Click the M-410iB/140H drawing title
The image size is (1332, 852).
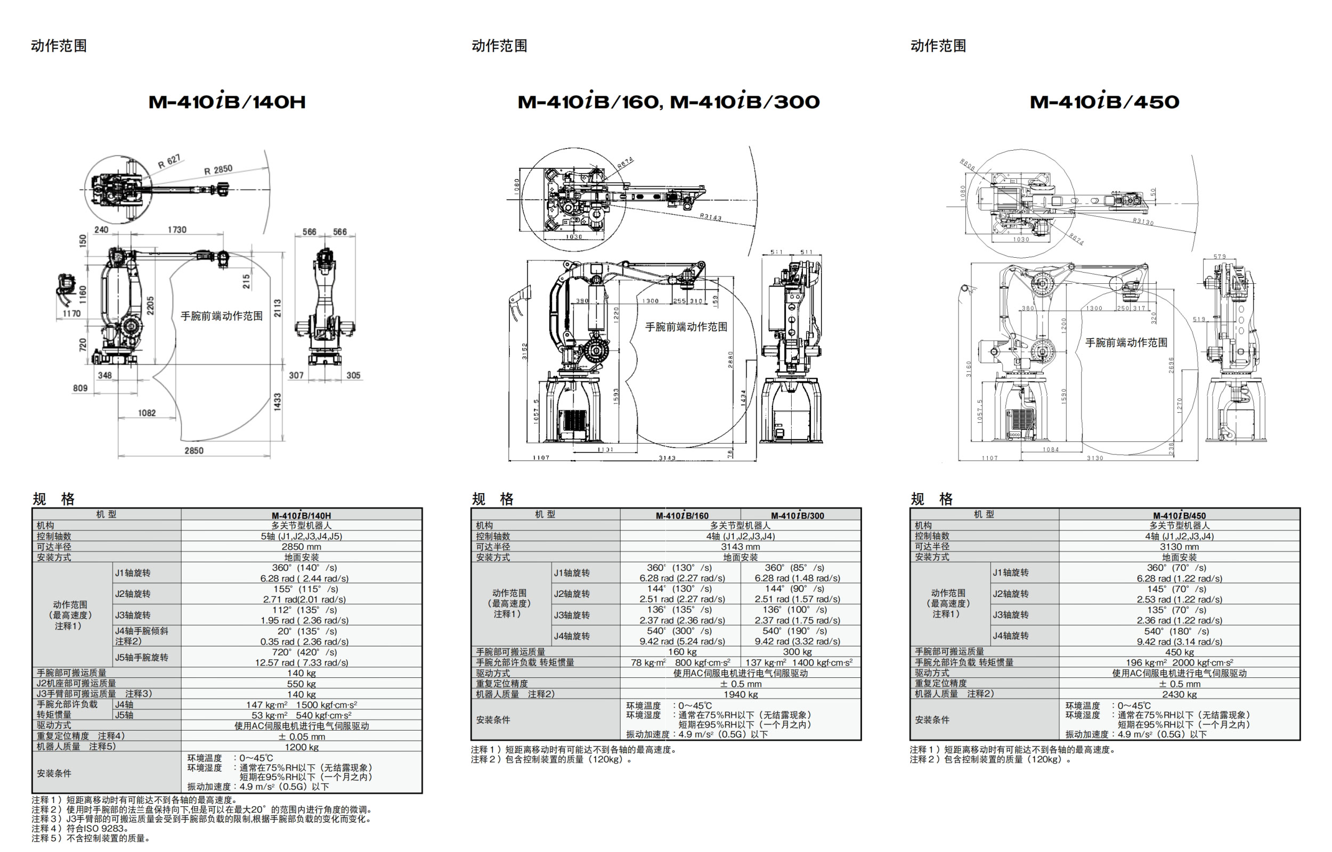[227, 101]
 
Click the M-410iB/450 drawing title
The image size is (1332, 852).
[1104, 101]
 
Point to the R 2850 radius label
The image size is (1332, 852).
[218, 170]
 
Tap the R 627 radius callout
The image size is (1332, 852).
[169, 161]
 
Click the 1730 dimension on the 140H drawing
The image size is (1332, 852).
[177, 230]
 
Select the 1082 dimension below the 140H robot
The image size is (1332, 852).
[147, 413]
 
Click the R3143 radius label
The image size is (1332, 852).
[711, 217]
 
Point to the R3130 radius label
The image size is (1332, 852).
[1143, 222]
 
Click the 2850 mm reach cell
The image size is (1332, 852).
[301, 546]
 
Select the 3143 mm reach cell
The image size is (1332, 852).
[740, 546]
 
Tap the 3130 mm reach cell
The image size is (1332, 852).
[1179, 546]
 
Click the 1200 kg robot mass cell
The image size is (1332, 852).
[301, 747]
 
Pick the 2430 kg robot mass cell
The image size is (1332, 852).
[1179, 694]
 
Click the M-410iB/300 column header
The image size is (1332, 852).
[797, 515]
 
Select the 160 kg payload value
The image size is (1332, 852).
[682, 652]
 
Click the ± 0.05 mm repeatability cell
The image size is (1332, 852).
[301, 736]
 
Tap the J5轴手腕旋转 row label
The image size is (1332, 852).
[142, 657]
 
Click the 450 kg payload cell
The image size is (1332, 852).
[1179, 652]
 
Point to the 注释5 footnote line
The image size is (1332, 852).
[91, 838]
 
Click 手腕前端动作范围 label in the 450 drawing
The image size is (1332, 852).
[1126, 342]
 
